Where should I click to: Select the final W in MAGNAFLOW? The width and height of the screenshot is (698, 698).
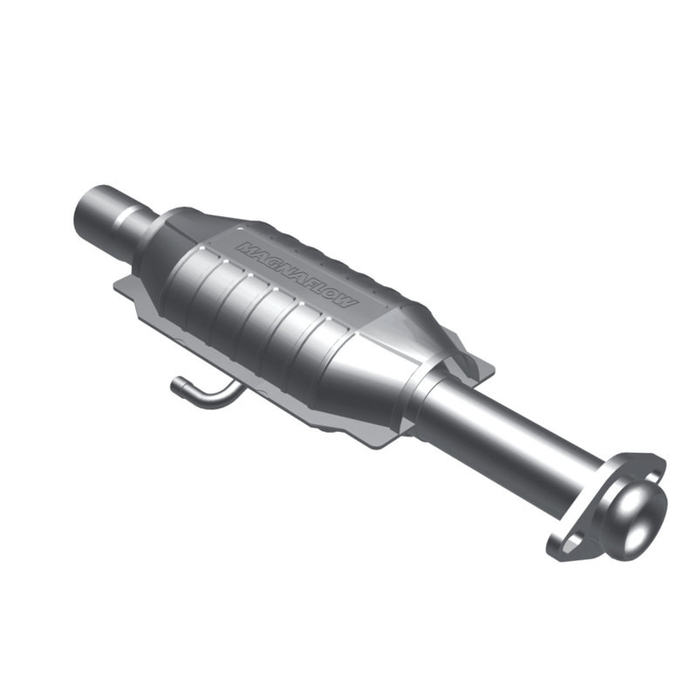346,300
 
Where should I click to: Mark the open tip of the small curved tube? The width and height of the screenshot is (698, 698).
176,384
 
